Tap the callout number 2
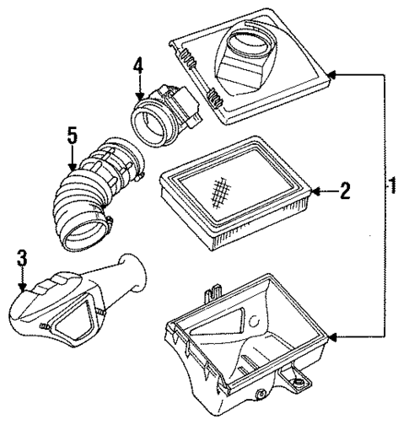tap(344, 192)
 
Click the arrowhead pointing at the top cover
tap(332, 75)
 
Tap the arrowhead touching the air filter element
tap(316, 192)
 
